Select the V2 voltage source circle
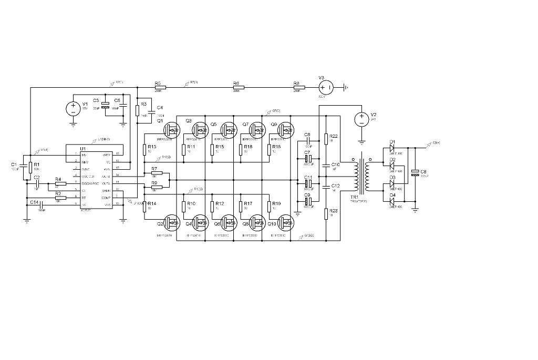coord(361,119)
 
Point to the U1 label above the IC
coord(82,149)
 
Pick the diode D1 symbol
coord(392,148)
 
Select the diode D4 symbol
coord(392,201)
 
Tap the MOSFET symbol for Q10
coord(285,223)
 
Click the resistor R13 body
coord(144,150)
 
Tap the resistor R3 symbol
coord(137,111)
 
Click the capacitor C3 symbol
coord(105,105)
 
